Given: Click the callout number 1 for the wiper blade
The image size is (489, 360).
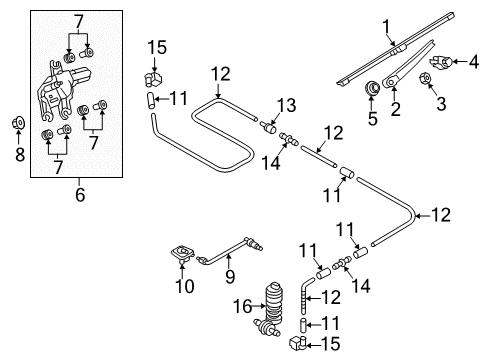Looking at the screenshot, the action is pyautogui.click(x=386, y=27).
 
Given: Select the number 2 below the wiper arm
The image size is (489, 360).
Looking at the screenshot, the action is pyautogui.click(x=395, y=109).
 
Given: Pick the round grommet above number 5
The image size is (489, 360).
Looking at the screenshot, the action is pyautogui.click(x=372, y=88).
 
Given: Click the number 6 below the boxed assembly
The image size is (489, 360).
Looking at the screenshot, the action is pyautogui.click(x=80, y=194).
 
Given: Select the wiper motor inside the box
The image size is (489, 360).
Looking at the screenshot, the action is pyautogui.click(x=62, y=90).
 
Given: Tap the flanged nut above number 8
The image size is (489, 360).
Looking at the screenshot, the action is pyautogui.click(x=19, y=123).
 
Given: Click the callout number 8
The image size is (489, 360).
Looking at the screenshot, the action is pyautogui.click(x=20, y=155).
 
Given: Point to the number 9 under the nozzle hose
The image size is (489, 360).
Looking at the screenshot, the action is pyautogui.click(x=230, y=276).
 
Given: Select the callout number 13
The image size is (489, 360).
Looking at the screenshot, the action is pyautogui.click(x=287, y=105).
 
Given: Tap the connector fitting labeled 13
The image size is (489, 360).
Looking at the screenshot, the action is pyautogui.click(x=268, y=127).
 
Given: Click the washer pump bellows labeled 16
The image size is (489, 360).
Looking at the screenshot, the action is pyautogui.click(x=273, y=302).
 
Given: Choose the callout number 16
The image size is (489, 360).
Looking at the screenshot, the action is pyautogui.click(x=243, y=306).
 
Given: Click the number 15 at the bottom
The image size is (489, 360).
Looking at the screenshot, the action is pyautogui.click(x=330, y=344).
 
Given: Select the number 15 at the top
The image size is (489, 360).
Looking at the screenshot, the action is pyautogui.click(x=157, y=47).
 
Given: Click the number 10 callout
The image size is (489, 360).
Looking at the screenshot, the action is pyautogui.click(x=185, y=286).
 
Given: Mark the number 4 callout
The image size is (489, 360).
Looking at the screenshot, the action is pyautogui.click(x=474, y=62).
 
